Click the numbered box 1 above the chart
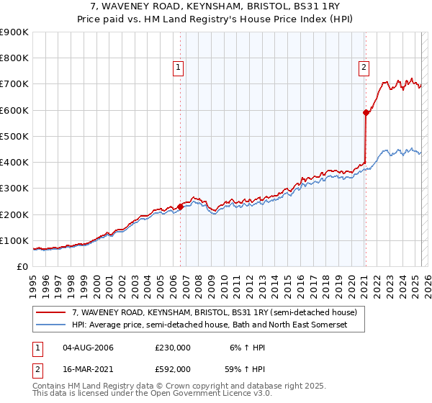tap(178, 68)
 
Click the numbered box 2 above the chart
tap(364, 68)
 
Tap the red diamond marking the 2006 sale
tap(180, 207)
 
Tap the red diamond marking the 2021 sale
tap(366, 112)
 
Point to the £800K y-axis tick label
tap(14, 58)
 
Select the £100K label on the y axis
tap(14, 240)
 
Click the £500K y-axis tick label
tap(14, 136)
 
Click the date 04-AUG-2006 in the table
tap(88, 348)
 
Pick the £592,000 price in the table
tap(173, 368)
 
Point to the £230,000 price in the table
tap(173, 348)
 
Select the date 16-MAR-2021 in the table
tap(89, 368)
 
